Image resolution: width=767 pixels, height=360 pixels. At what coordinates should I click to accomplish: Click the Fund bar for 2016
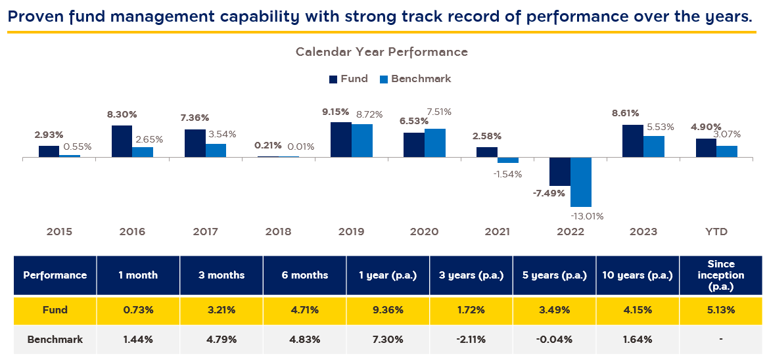point(122,141)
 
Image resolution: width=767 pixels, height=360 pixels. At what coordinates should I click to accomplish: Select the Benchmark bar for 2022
point(581,182)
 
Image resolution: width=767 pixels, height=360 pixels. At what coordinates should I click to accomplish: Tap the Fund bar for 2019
point(340,140)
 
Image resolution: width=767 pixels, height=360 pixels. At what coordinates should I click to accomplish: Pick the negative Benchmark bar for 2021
point(508,160)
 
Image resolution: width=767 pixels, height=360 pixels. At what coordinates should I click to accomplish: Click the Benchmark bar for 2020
point(435,143)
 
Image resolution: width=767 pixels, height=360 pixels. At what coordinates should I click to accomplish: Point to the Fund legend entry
point(348,79)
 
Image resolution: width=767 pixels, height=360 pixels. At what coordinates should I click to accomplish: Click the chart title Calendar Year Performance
point(382,52)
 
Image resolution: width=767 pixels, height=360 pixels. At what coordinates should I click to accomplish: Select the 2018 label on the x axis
point(278,232)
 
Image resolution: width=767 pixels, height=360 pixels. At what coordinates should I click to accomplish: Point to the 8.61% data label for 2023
point(625,113)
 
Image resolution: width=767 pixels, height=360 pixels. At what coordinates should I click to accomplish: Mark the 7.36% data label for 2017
point(195,118)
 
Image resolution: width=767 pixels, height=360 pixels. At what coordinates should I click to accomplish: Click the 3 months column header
point(221,275)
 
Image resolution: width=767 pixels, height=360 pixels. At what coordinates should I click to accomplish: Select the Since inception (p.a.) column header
point(721,275)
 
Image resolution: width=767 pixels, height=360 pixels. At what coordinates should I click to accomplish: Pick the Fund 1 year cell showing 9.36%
point(388,309)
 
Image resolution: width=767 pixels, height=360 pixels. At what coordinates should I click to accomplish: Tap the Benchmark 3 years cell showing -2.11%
point(471,340)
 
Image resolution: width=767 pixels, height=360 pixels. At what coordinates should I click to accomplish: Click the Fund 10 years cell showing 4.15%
point(638,309)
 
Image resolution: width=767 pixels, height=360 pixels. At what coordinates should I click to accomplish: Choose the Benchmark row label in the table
point(55,340)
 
